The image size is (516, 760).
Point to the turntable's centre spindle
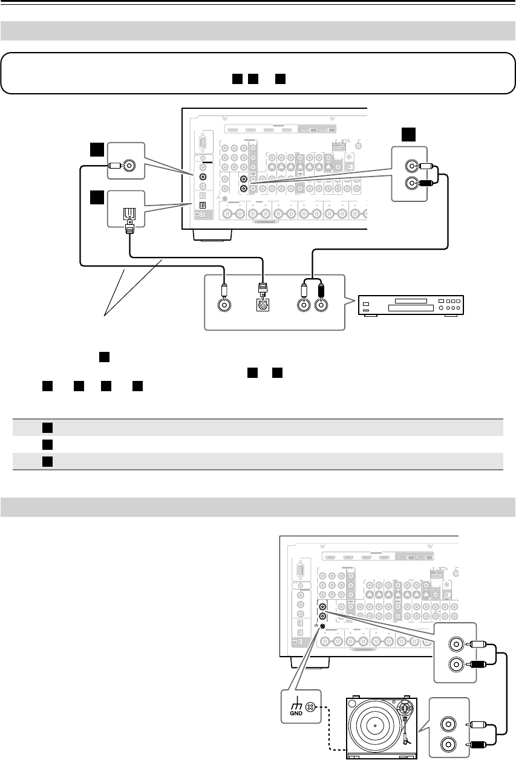click(x=375, y=726)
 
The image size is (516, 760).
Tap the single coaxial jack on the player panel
click(x=224, y=306)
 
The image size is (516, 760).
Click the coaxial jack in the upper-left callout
click(x=128, y=165)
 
